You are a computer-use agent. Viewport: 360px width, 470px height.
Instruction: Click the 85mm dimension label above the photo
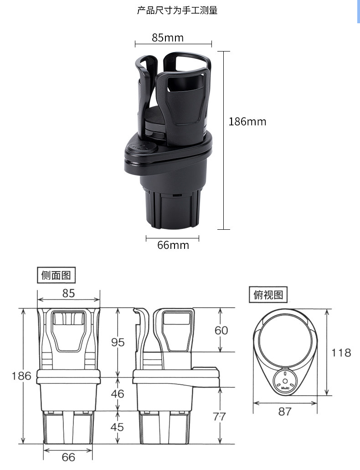[168, 38]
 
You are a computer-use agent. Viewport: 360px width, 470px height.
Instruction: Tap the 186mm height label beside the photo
[247, 122]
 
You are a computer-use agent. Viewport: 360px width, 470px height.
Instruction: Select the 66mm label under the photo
[173, 245]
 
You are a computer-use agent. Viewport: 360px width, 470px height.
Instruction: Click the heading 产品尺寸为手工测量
[177, 10]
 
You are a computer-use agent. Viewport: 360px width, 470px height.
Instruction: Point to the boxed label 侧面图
[57, 275]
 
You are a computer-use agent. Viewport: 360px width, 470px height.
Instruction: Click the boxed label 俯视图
[268, 294]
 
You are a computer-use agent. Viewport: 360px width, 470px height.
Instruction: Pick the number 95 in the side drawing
[118, 342]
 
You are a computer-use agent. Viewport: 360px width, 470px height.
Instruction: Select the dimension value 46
[118, 393]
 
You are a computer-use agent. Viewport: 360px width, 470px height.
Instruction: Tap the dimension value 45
[117, 427]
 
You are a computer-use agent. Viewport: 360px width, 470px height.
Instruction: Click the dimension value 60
[221, 331]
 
